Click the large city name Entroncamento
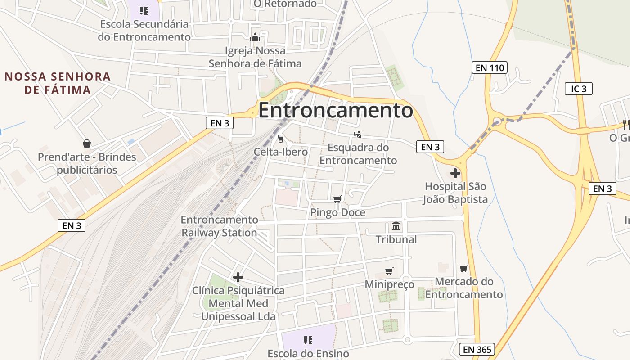coord(335,110)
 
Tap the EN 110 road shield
coord(490,68)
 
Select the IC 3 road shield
coord(579,89)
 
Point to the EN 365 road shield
coord(477,349)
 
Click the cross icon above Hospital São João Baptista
coord(455,173)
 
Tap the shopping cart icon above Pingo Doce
coord(337,199)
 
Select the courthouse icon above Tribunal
coord(396,226)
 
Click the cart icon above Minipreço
coord(389,271)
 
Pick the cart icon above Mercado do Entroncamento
coord(464,268)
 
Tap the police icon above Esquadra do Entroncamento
coord(358,134)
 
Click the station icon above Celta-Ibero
coord(281,138)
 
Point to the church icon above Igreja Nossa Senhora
coord(255,37)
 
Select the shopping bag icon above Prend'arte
coord(87,144)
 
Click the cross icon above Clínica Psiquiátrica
coord(238,277)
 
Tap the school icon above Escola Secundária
coord(144,10)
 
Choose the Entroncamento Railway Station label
coord(220,226)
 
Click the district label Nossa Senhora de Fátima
coord(58,83)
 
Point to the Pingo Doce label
coord(338,212)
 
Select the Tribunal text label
coord(396,239)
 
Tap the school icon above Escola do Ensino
coord(308,340)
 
